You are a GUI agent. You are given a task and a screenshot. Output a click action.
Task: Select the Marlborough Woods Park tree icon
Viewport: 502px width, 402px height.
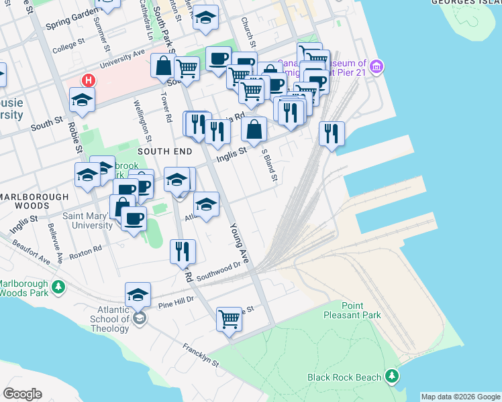click(x=59, y=287)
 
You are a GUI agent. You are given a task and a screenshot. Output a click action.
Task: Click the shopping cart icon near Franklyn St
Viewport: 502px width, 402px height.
click(x=229, y=319)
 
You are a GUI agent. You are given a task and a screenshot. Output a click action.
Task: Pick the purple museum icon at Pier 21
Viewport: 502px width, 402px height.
click(x=377, y=67)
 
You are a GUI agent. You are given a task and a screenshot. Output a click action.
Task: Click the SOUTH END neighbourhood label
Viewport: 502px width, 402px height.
click(x=165, y=152)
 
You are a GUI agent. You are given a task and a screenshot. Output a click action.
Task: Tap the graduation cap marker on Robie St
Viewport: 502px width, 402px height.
click(x=82, y=100)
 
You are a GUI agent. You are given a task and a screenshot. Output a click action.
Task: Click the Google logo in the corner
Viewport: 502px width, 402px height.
click(x=22, y=394)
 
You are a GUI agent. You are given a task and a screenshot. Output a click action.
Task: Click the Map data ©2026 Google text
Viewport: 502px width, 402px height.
click(x=460, y=397)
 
